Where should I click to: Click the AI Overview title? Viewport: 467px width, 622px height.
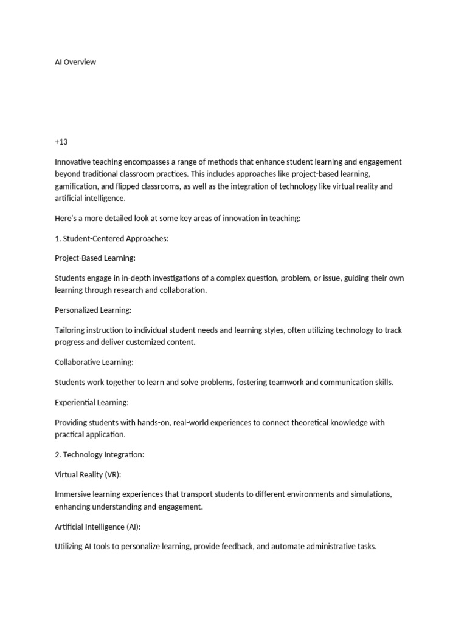pos(75,62)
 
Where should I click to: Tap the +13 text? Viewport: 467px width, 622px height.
pos(61,142)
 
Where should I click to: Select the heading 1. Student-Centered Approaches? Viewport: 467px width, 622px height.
pos(111,238)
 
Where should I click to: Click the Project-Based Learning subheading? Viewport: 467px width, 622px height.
pos(93,258)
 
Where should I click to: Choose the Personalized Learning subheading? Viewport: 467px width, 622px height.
pos(93,310)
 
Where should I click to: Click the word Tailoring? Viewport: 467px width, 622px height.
pos(72,330)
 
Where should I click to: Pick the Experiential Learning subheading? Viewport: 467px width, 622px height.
pos(92,403)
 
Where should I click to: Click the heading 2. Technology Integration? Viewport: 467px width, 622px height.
pos(100,454)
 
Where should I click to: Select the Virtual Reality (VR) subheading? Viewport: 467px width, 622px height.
pos(88,474)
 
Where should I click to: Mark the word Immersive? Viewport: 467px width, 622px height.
pos(74,494)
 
